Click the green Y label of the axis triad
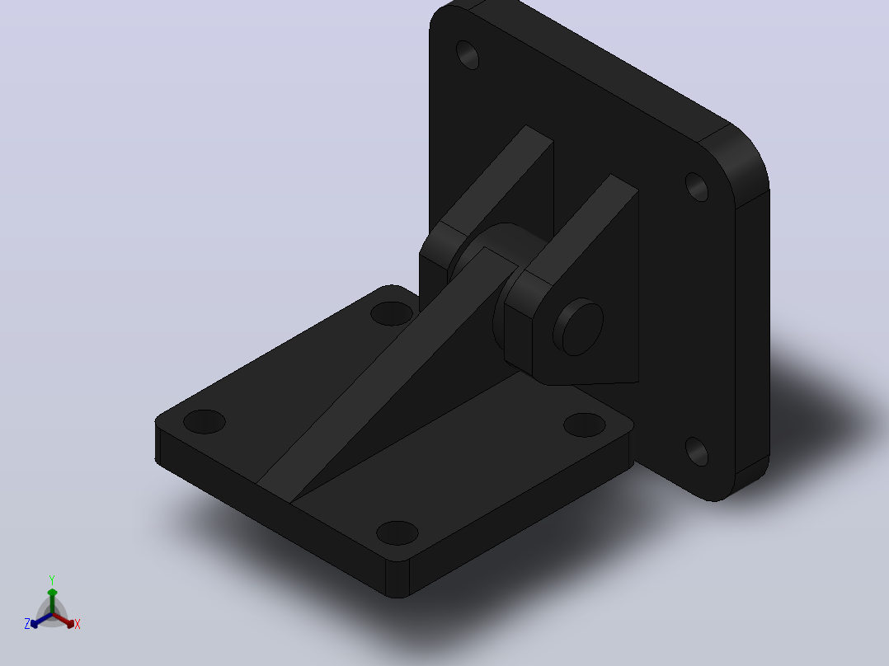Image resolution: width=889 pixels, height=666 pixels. pos(52,579)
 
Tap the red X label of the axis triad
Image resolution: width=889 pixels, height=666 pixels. pos(78,624)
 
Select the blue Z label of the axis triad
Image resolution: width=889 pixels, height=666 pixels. pos(27,624)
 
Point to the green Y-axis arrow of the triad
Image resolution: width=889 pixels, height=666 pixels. pos(52,601)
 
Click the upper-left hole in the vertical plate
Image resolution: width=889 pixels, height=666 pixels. pos(467,55)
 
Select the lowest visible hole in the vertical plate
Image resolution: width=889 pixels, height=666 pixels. pos(697,452)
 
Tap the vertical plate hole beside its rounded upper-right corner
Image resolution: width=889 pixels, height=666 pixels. pos(697,187)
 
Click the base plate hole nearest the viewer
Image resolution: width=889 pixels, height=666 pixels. pos(397,532)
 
